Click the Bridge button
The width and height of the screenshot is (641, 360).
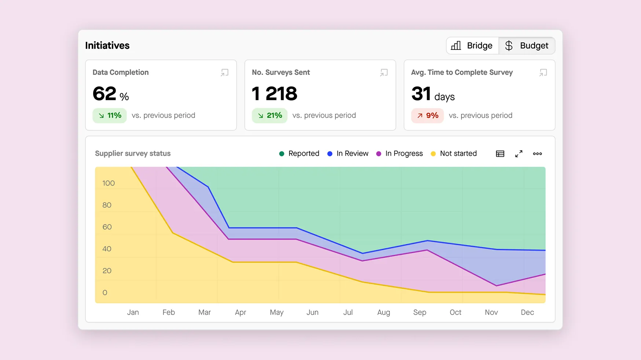(x=472, y=46)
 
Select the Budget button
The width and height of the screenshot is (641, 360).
(x=527, y=46)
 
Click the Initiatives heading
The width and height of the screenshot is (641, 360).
(x=107, y=46)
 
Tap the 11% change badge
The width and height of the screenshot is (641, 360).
(x=110, y=116)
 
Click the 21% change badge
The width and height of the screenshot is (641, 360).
(x=270, y=116)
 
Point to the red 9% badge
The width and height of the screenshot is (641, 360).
(x=427, y=116)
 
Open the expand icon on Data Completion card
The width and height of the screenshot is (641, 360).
(x=224, y=73)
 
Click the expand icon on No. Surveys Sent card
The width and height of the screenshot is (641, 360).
(x=384, y=73)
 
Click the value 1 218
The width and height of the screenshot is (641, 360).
(x=274, y=94)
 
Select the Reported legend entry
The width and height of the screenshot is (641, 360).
(x=299, y=153)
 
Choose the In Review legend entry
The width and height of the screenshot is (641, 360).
(x=348, y=153)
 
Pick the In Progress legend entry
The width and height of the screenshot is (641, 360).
(x=399, y=153)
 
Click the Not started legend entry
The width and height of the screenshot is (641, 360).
(x=454, y=153)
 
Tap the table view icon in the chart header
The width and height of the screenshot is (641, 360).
(x=500, y=154)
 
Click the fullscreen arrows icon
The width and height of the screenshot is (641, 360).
(x=519, y=154)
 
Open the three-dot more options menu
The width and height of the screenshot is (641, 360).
(x=537, y=154)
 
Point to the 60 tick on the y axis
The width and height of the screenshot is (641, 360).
(x=107, y=227)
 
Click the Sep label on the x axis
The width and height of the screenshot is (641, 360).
(x=420, y=312)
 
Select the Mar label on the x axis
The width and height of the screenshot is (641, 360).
(x=204, y=312)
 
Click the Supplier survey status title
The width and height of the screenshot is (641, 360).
(x=133, y=153)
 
